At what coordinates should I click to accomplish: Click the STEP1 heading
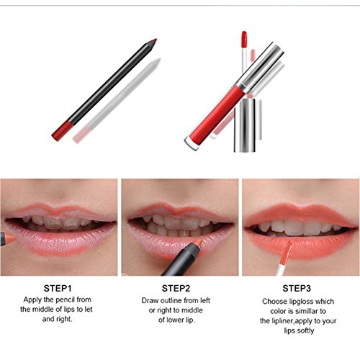58,288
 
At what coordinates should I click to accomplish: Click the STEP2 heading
176,288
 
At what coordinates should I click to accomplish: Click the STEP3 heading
297,288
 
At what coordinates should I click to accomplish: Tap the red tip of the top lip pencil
155,40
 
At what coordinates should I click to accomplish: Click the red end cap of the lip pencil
62,131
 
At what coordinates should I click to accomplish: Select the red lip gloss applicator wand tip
244,39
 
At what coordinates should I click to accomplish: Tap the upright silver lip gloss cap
245,125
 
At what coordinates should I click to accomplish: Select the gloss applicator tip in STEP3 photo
286,252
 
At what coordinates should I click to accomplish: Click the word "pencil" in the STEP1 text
66,300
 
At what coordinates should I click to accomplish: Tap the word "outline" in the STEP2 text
171,300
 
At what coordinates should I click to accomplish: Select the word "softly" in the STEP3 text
306,330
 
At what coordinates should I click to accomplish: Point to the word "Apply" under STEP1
32,300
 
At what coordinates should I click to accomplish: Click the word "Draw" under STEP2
150,300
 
